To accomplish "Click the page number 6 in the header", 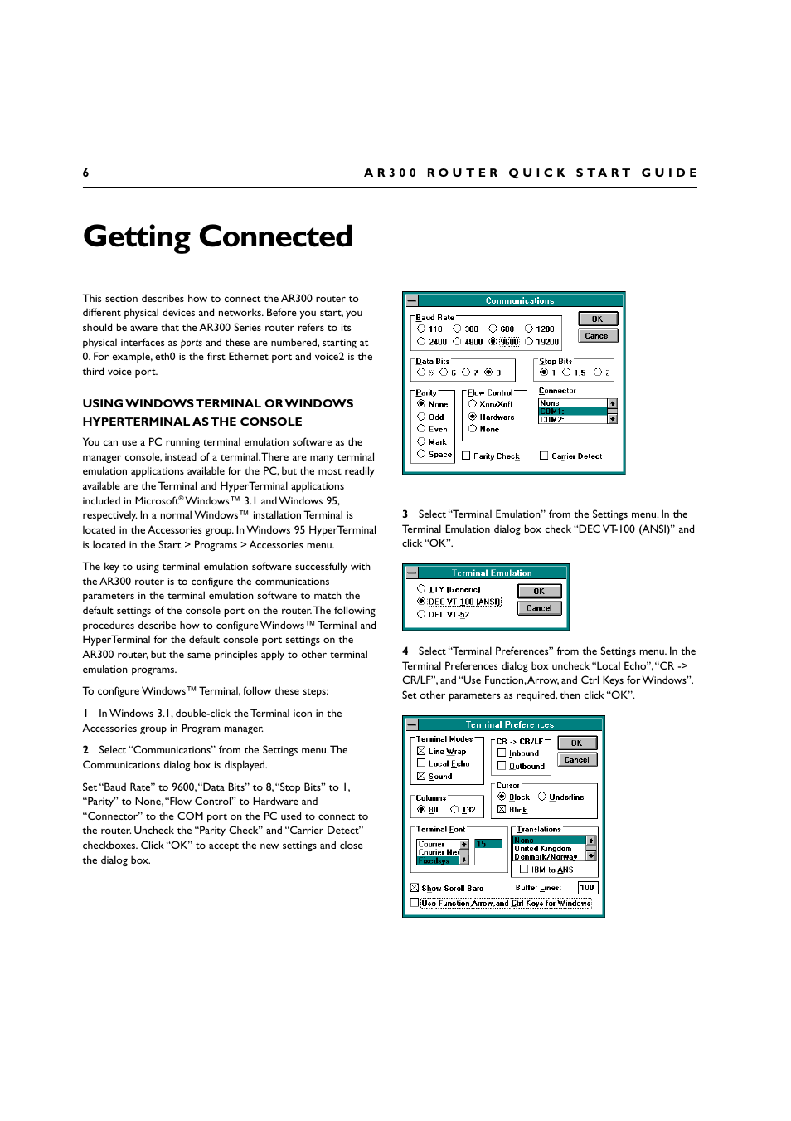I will click(x=85, y=173).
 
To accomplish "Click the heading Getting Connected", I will click(x=217, y=236).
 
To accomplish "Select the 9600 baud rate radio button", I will click(x=493, y=341).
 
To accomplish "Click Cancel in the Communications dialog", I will click(x=597, y=336).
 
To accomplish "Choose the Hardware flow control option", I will click(x=473, y=417).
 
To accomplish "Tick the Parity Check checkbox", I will click(x=466, y=456).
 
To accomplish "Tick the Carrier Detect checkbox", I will click(x=544, y=456).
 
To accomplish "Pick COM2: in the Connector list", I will click(x=572, y=420).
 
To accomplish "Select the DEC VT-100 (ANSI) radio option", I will click(x=421, y=602).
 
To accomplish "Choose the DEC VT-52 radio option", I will click(x=421, y=614).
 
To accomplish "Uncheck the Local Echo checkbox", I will click(x=421, y=763).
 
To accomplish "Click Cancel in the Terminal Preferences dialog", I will click(x=576, y=759).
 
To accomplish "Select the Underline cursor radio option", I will click(x=542, y=797).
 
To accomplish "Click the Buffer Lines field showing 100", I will click(x=587, y=888).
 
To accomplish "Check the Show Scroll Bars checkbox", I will click(x=415, y=888).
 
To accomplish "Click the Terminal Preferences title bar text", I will click(x=509, y=724).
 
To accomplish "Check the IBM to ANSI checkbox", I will click(x=524, y=870).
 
